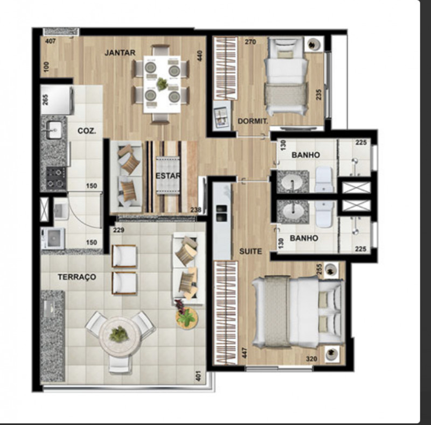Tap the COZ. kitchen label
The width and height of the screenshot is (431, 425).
click(86, 131)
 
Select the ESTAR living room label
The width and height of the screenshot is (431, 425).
click(168, 175)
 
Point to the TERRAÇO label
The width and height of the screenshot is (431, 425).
click(77, 277)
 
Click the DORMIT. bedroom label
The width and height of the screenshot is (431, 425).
click(253, 122)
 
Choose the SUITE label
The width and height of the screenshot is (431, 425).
click(251, 251)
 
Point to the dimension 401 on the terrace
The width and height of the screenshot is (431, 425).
click(199, 374)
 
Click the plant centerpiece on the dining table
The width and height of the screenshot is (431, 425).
click(162, 83)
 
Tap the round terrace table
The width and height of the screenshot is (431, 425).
click(119, 336)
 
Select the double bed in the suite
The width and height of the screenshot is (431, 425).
click(296, 311)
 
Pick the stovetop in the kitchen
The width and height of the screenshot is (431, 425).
click(55, 178)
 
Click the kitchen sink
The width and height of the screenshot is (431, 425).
click(53, 130)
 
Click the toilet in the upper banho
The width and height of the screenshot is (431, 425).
click(324, 179)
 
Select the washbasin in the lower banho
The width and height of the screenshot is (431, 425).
click(294, 211)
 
